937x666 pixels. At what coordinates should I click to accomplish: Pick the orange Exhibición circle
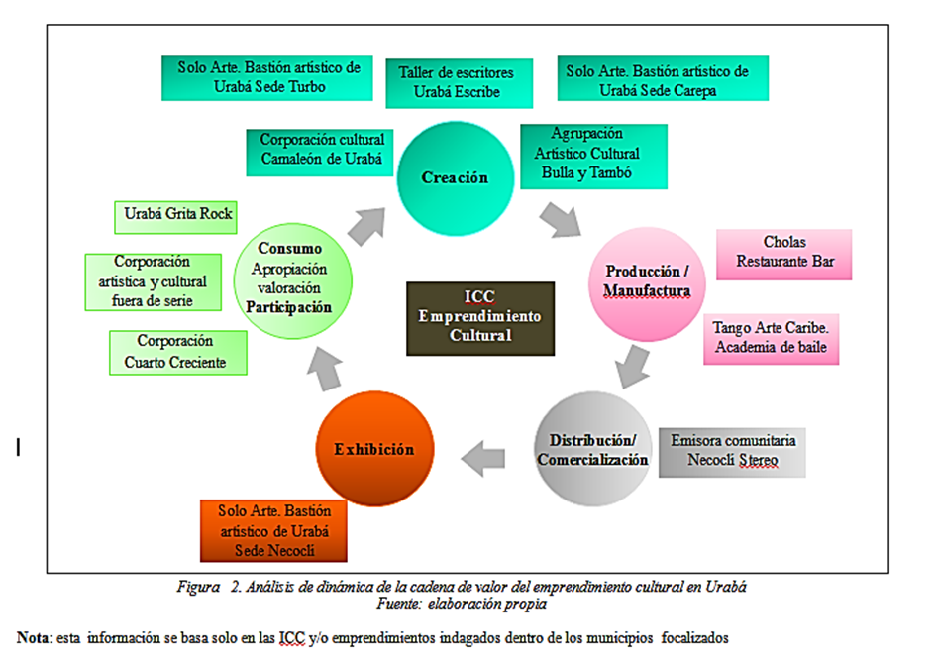point(373,450)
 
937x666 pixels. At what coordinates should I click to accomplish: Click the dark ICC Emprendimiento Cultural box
point(479,318)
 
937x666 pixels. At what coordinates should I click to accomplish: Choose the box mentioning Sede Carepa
point(657,78)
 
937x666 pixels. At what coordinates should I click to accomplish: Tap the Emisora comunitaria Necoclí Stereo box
point(732,451)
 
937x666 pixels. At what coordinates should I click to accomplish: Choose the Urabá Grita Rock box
point(175,215)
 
